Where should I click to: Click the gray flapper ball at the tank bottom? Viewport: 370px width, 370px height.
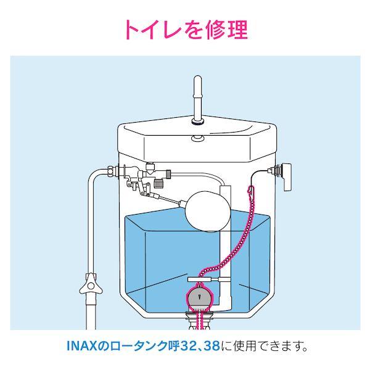pos(200,300)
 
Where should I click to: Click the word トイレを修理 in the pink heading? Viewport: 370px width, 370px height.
pos(184,28)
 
